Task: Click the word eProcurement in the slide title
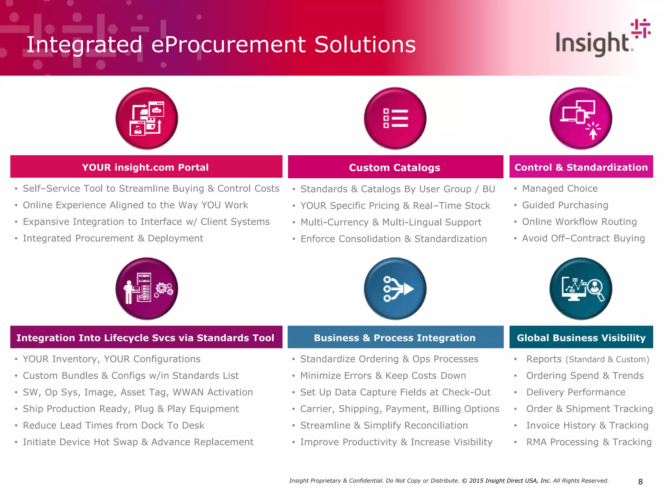[x=228, y=44]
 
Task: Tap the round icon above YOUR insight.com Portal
[x=147, y=118]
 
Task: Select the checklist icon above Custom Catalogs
[x=395, y=118]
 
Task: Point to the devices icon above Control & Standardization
[x=581, y=118]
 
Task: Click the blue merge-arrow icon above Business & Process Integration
[x=395, y=289]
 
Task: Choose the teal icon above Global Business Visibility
[x=581, y=289]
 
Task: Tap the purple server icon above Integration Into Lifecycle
[x=147, y=289]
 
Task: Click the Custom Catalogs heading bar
[x=395, y=167]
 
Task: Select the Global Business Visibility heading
[x=581, y=338]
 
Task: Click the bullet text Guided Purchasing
[x=565, y=205]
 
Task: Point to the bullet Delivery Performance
[x=575, y=392]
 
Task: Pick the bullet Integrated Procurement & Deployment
[x=113, y=238]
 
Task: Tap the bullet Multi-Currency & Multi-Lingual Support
[x=391, y=222]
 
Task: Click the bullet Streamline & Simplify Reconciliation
[x=384, y=425]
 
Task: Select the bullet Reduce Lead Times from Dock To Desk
[x=113, y=425]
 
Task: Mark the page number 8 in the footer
[x=640, y=482]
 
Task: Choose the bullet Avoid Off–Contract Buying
[x=583, y=238]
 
